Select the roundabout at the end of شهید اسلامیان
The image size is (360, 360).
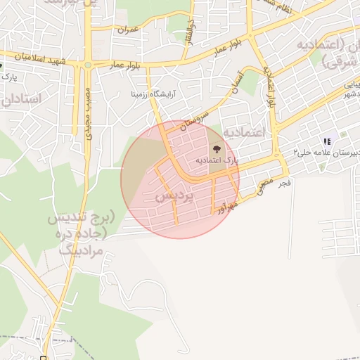click(x=88, y=65)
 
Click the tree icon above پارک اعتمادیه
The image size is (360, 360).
click(x=215, y=149)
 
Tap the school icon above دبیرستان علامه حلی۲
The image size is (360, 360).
click(x=326, y=139)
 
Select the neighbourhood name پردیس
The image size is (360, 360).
click(x=174, y=196)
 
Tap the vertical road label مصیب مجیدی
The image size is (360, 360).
click(x=89, y=112)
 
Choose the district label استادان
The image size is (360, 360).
click(x=22, y=99)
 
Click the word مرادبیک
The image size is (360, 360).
click(x=77, y=250)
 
